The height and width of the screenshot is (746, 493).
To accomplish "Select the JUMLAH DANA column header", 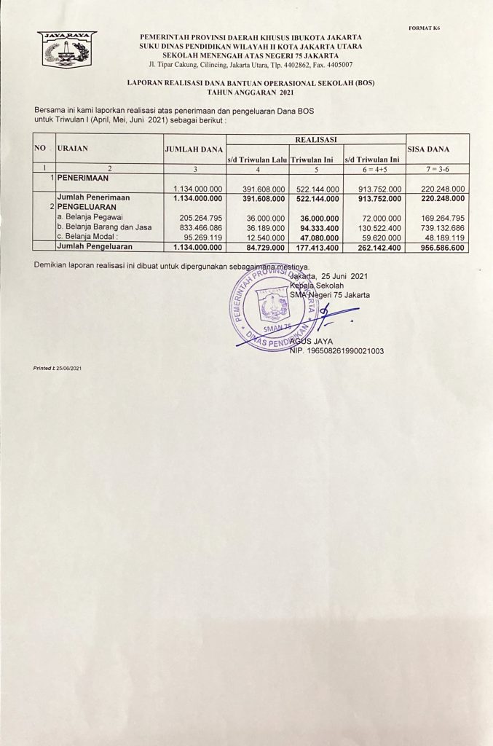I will tap(194, 149).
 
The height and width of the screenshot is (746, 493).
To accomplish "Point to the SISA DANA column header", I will tap(428, 149).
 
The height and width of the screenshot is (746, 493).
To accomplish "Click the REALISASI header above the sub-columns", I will tap(315, 138).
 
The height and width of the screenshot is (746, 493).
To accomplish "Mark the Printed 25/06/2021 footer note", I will tap(58, 369).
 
